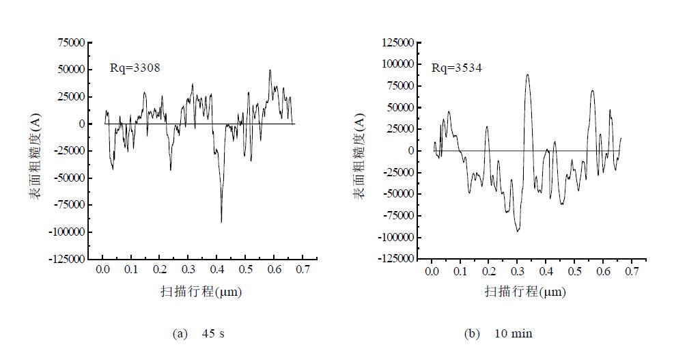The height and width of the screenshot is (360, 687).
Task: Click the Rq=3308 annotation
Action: click(x=135, y=68)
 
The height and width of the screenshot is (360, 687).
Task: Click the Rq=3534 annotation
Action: click(x=456, y=68)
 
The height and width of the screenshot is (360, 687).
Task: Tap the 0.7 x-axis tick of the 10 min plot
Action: click(x=631, y=271)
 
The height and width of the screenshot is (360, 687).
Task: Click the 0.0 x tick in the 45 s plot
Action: click(x=103, y=270)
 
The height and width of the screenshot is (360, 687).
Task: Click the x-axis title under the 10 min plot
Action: click(x=525, y=292)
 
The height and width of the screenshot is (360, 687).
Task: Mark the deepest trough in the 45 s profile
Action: click(x=221, y=221)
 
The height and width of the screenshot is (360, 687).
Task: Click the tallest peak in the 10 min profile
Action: click(x=527, y=74)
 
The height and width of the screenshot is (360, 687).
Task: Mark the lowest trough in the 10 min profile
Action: click(x=518, y=232)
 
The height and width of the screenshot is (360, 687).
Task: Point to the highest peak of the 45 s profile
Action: click(x=270, y=70)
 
